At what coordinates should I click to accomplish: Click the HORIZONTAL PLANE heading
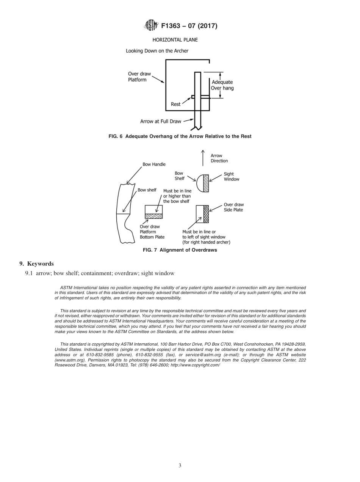coord(175,39)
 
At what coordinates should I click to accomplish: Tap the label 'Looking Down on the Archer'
coord(157,50)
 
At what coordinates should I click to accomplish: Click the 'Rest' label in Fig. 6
coord(176,104)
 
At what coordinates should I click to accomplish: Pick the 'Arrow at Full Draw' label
coord(161,121)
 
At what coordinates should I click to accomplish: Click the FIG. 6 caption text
coord(180,136)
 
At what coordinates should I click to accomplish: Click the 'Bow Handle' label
coord(154,164)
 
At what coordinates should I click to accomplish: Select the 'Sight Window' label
coord(232,177)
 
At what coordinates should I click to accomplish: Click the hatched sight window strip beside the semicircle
coord(206,183)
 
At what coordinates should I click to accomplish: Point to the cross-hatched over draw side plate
coord(206,214)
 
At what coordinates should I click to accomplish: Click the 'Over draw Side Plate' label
coord(233,207)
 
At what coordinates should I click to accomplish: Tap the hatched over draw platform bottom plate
coord(154,216)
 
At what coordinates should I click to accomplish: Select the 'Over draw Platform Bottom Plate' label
coord(152,232)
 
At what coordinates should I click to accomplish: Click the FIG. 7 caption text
coord(180,250)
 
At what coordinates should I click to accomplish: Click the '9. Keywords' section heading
coord(36,264)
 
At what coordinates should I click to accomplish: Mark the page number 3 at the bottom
coord(180,465)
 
